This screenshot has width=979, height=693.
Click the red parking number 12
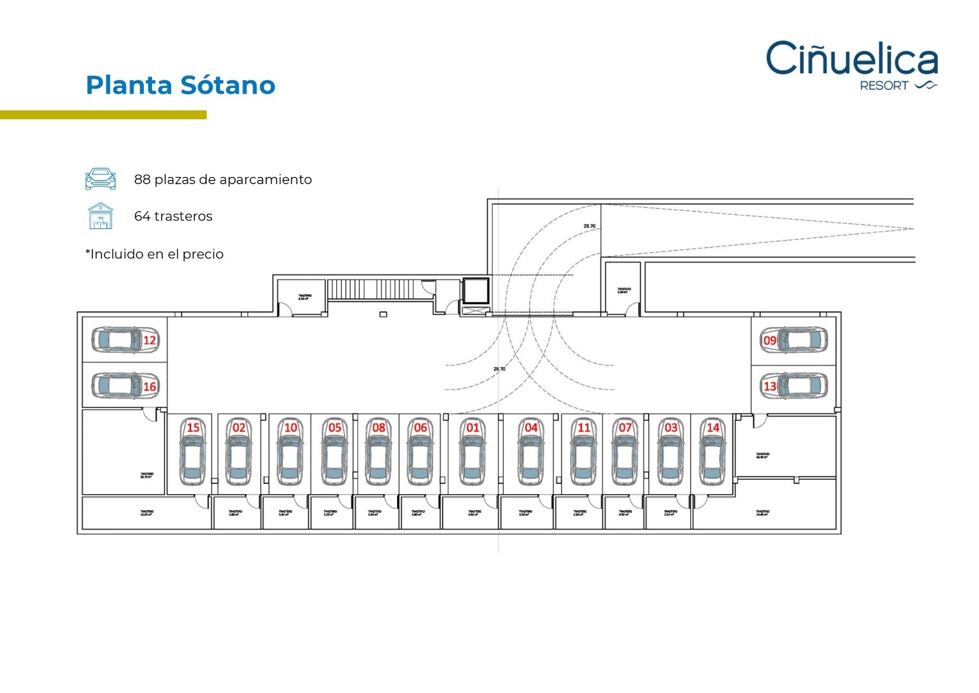coord(149,340)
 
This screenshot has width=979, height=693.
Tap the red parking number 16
coord(149,386)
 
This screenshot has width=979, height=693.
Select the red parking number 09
coord(770,340)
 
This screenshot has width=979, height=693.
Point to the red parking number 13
coord(770,386)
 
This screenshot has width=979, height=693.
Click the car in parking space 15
coord(192,457)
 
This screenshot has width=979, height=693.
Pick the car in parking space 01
coord(472,457)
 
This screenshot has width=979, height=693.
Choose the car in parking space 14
coord(712,457)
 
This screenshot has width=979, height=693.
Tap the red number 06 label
coord(420,427)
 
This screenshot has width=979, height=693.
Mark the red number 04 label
coord(531,427)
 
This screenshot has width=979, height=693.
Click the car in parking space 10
coord(290,457)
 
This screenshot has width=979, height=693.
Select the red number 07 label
coord(625,427)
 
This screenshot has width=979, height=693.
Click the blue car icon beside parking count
coord(101,179)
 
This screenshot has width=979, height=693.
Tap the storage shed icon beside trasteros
coord(101,216)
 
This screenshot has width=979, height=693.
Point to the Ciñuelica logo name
coord(851,58)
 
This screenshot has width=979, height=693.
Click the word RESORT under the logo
coord(884,86)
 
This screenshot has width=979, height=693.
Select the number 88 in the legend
coord(142,180)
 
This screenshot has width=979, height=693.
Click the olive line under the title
coord(103,115)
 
